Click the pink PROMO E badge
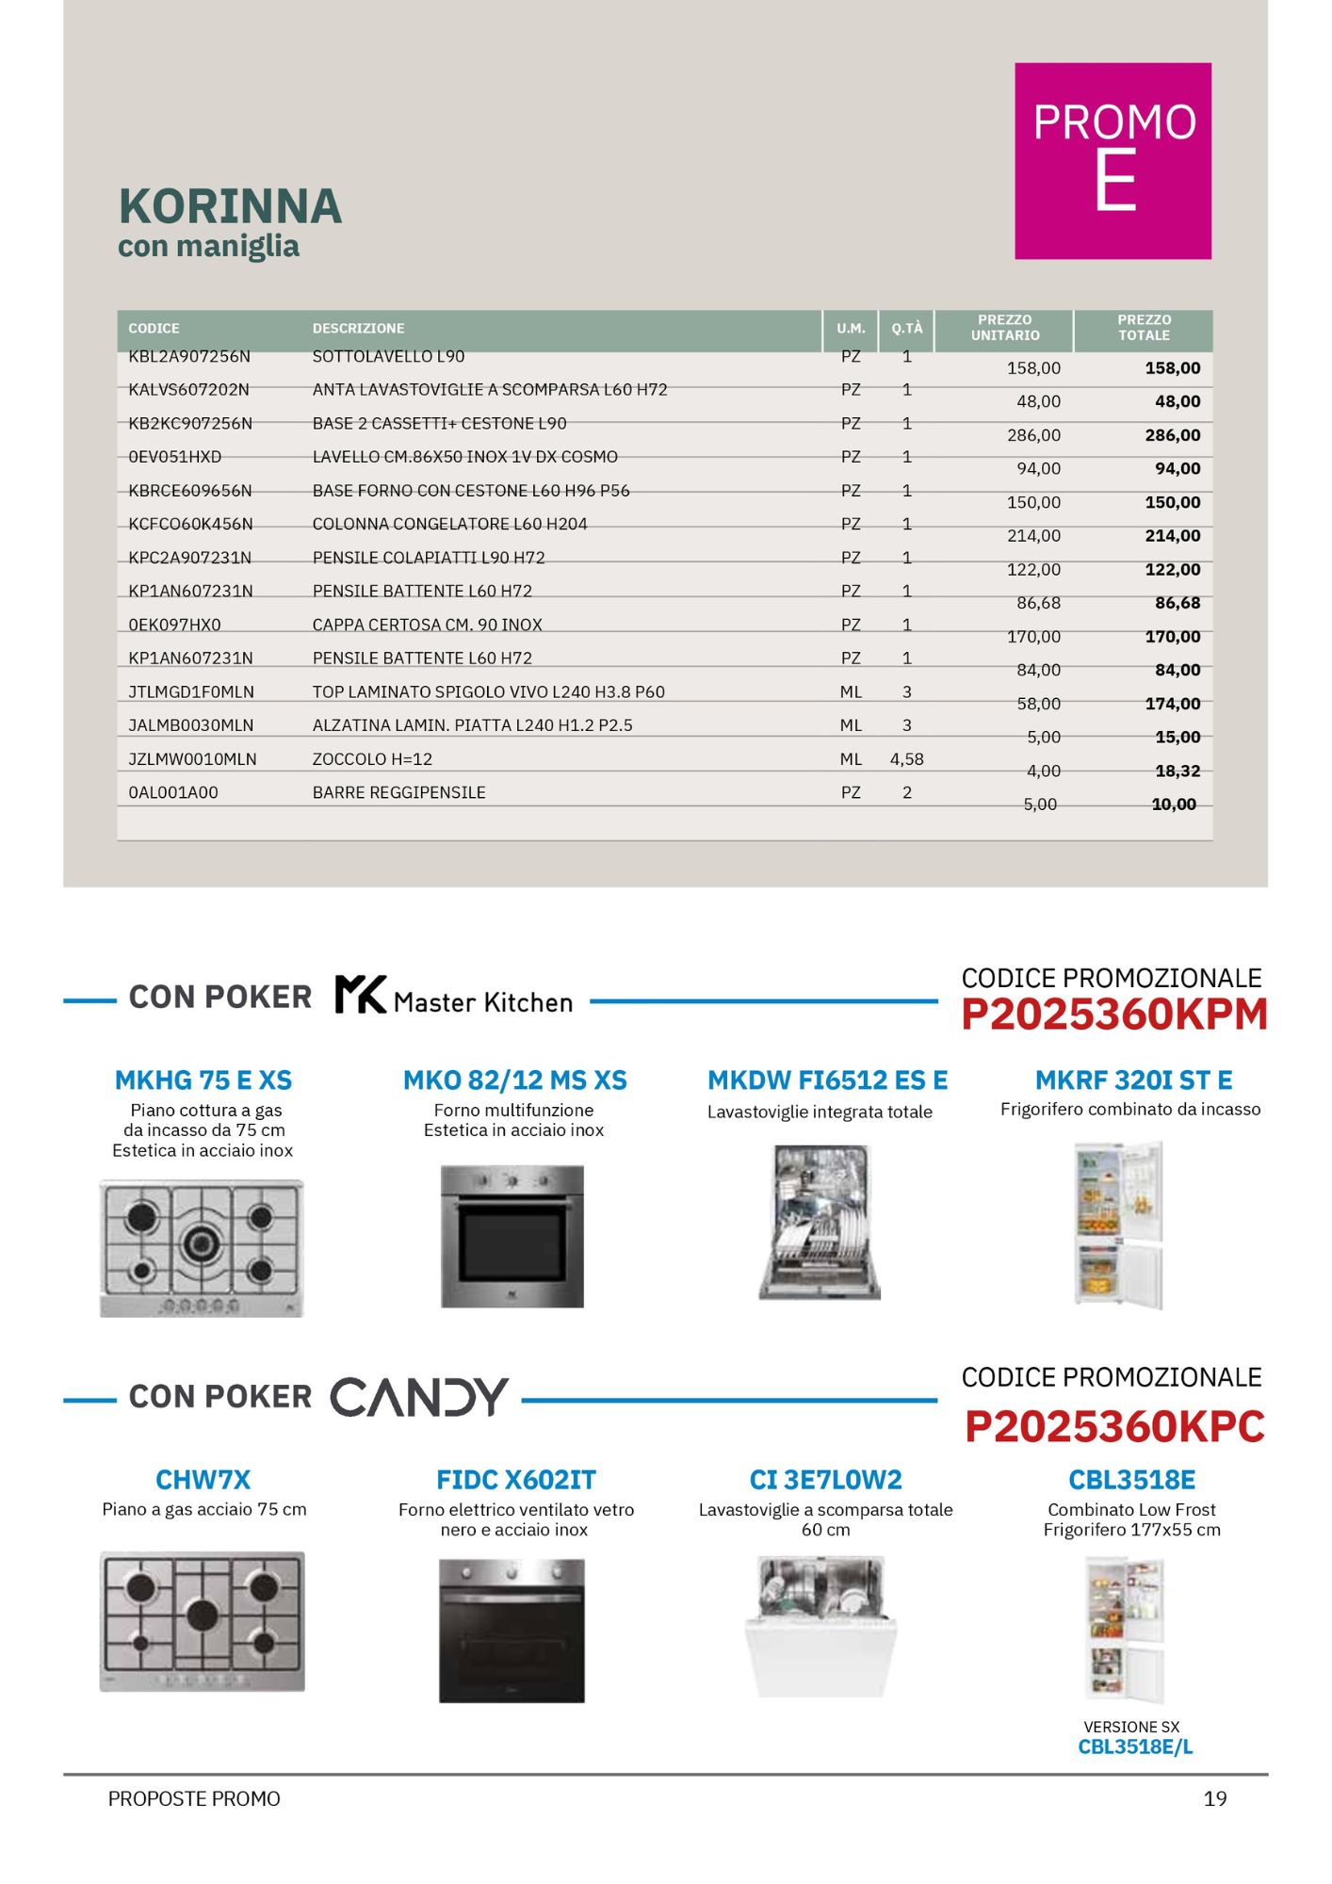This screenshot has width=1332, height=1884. coord(1113,161)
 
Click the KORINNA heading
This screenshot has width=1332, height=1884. coord(230,206)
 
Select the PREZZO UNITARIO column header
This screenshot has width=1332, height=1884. coord(1005,328)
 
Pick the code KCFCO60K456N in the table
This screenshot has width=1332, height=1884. coord(190,524)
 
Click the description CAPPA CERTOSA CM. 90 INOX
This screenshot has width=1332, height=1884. coord(427,625)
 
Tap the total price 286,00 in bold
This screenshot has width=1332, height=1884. coord(1173,435)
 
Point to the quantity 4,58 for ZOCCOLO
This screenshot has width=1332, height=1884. coord(906,759)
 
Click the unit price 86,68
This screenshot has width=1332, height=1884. coord(1038,603)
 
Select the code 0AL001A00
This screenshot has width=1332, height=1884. coord(173,793)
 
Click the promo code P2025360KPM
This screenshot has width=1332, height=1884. coord(1113,1015)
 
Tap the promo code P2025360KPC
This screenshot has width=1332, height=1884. coord(1113,1427)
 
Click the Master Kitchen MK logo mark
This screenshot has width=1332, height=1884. coord(361,995)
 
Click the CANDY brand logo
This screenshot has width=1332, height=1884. coord(419,1397)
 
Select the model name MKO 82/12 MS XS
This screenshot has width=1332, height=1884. coord(514,1080)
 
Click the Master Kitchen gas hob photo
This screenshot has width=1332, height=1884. coord(202,1247)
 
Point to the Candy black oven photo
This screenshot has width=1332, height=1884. coord(512,1631)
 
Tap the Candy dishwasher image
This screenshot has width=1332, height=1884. coord(821,1627)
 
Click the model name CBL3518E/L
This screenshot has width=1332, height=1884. coord(1135,1747)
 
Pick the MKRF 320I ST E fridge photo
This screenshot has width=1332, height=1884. coord(1119,1225)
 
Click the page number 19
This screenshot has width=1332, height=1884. coord(1215,1799)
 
